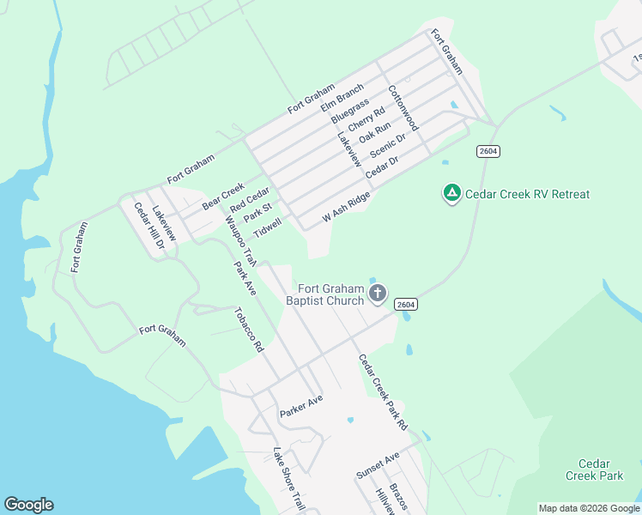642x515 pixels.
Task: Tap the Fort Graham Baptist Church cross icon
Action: pos(378,294)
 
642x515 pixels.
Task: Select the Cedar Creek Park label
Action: pos(594,469)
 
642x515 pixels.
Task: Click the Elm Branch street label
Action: pos(342,97)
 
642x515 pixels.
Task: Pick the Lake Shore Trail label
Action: pos(288,479)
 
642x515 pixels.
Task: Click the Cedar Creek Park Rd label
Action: pos(383,392)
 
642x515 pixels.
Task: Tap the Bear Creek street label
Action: pos(223,196)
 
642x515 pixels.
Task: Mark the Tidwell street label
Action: pos(267,227)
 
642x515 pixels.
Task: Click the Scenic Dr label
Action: pos(387,147)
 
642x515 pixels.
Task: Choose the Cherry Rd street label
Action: pos(366,119)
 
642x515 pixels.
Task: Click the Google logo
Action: pos(28,505)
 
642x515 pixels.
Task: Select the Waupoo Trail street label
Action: pos(241,239)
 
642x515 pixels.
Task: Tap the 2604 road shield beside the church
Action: pos(406,305)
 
